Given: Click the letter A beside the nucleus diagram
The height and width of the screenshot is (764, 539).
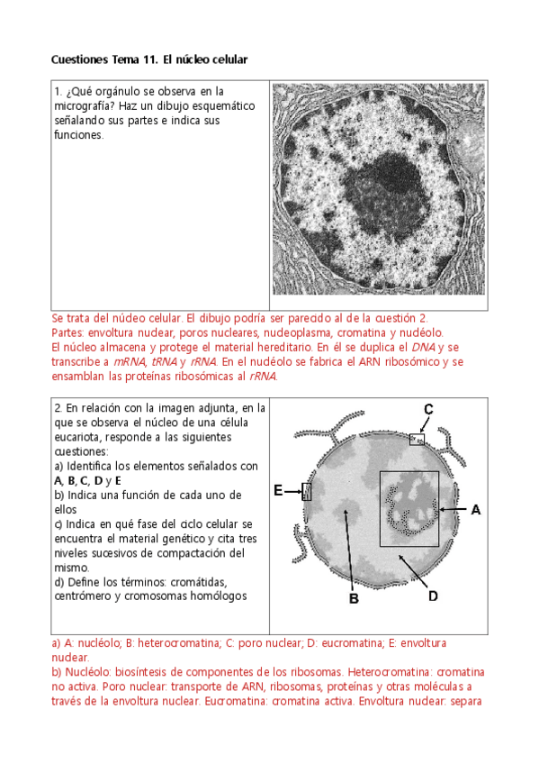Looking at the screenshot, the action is point(476,510).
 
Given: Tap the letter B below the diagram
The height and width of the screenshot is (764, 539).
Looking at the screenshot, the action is point(355,598).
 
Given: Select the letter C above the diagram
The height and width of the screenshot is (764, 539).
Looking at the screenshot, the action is point(428,409).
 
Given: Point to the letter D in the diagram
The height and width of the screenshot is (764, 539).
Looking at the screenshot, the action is point(433,596).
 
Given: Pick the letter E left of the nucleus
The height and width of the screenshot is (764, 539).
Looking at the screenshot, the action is point(278,490).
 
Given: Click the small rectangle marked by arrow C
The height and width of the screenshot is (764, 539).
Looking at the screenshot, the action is point(417,440).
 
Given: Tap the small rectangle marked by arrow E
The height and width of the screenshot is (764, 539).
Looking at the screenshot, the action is point(307,492).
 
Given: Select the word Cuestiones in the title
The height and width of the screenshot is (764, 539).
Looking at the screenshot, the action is point(79,59).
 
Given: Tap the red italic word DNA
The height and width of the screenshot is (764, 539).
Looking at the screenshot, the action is point(423,348).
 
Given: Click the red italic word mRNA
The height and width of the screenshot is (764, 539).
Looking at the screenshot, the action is point(130,362).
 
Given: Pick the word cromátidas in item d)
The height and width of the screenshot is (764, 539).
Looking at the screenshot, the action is point(199,582).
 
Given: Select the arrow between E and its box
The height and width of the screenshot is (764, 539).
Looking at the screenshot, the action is point(292,492).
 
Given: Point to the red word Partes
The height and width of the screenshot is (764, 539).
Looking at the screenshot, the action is point(67,333).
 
